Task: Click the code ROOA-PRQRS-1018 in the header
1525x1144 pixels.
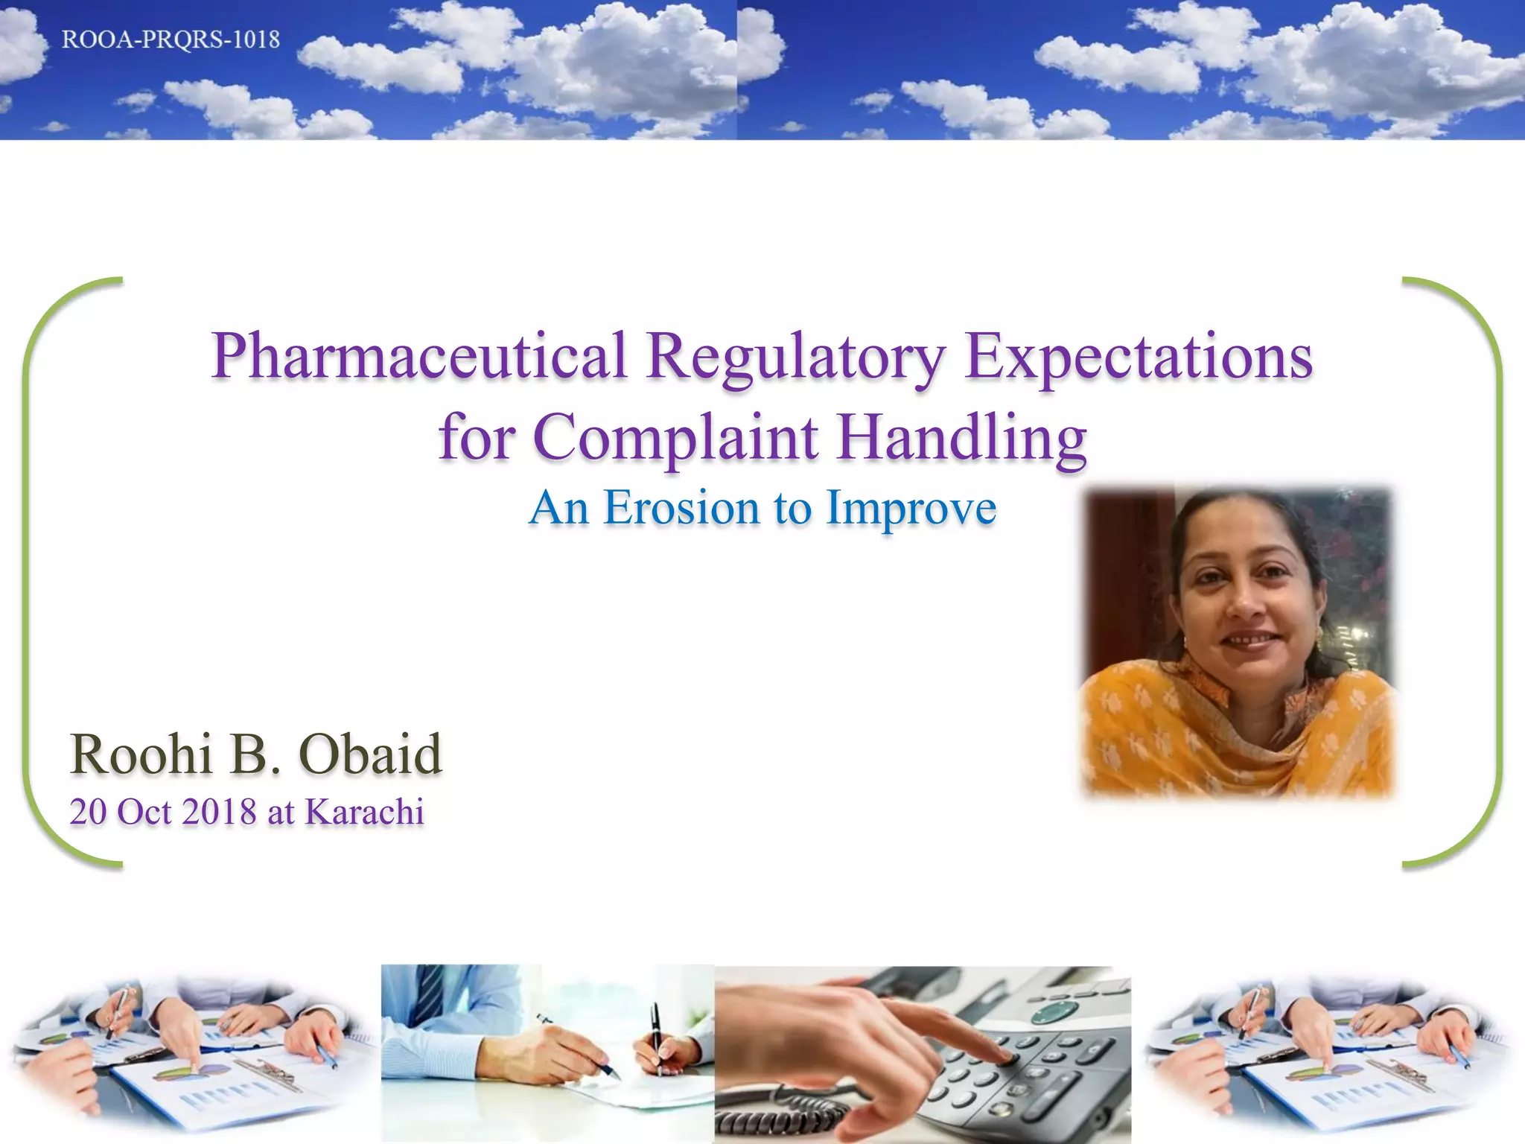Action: click(x=171, y=39)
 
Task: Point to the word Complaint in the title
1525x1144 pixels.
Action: click(x=675, y=438)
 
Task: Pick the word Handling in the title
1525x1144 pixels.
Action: click(x=961, y=438)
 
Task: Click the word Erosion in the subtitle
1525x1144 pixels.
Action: click(x=681, y=509)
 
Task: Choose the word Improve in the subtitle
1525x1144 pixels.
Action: click(x=911, y=509)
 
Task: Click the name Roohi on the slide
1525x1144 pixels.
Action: click(x=141, y=754)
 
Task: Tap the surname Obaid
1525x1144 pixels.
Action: click(x=370, y=754)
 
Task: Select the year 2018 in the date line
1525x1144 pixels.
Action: click(x=219, y=812)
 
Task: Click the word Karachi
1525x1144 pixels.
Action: click(x=364, y=812)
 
